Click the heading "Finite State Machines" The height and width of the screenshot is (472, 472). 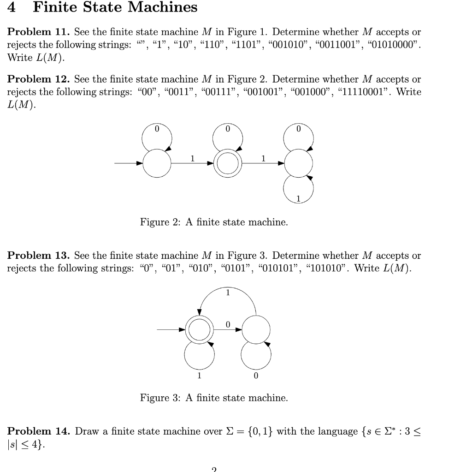(x=115, y=8)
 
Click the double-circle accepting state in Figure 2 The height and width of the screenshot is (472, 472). (x=227, y=163)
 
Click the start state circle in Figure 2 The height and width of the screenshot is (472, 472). (x=157, y=163)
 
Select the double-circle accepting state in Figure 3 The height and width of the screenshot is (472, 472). (x=199, y=330)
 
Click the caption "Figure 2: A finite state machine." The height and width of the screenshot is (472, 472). (x=214, y=222)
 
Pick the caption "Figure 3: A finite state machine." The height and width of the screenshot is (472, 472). (x=214, y=398)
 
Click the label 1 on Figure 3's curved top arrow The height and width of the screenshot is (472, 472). (x=227, y=292)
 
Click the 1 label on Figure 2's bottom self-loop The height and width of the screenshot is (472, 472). (x=298, y=199)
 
